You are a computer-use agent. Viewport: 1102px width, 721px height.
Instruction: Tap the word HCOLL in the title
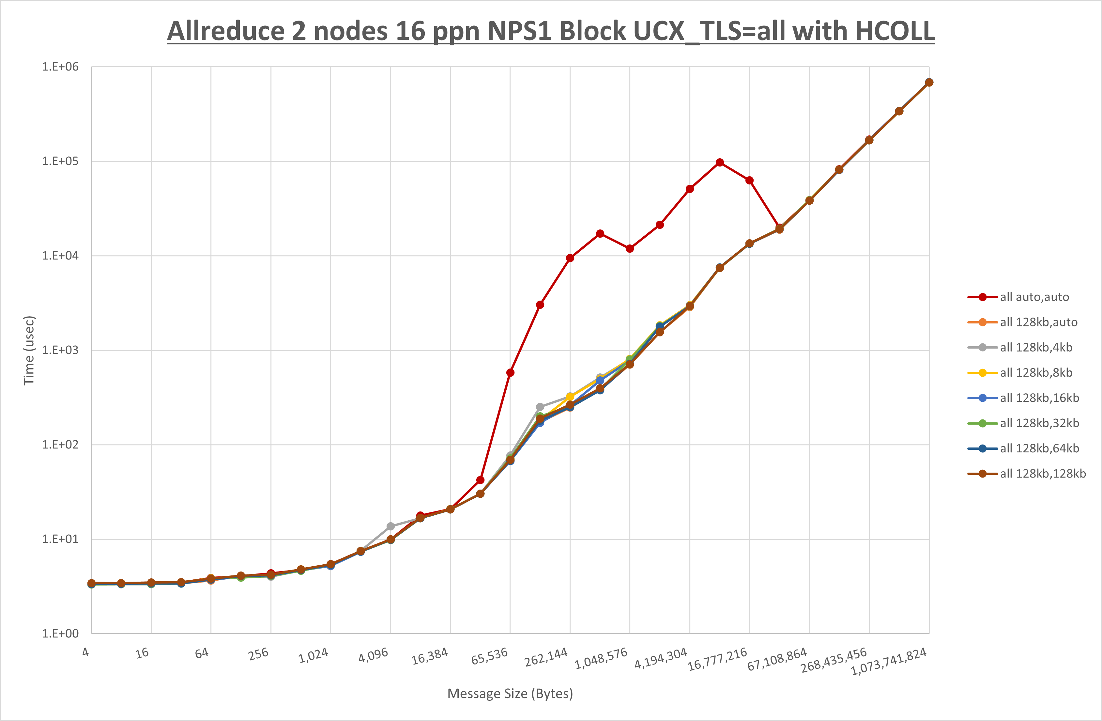pyautogui.click(x=895, y=31)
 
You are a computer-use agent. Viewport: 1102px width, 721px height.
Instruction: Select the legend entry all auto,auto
pyautogui.click(x=1034, y=297)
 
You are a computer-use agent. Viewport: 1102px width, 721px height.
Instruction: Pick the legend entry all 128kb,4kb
pyautogui.click(x=1036, y=348)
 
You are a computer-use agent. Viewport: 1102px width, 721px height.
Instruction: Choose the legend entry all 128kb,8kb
pyautogui.click(x=1036, y=372)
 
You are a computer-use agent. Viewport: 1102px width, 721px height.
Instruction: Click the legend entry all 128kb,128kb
pyautogui.click(x=1042, y=474)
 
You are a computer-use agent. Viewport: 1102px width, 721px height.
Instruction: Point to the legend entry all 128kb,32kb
pyautogui.click(x=1039, y=423)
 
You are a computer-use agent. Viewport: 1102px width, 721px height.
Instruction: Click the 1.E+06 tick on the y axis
pyautogui.click(x=61, y=67)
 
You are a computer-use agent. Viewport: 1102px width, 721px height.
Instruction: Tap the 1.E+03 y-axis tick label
pyautogui.click(x=61, y=350)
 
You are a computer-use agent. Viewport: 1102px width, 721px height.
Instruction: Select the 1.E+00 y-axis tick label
pyautogui.click(x=61, y=634)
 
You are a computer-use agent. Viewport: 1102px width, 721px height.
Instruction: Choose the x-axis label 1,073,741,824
pyautogui.click(x=889, y=662)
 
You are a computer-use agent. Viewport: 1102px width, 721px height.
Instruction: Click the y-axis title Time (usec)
pyautogui.click(x=29, y=350)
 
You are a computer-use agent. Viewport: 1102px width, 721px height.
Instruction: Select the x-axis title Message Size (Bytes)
pyautogui.click(x=510, y=694)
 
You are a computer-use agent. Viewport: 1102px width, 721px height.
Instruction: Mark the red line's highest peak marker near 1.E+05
pyautogui.click(x=720, y=163)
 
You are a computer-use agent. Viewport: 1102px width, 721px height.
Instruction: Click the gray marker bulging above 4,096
pyautogui.click(x=390, y=526)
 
